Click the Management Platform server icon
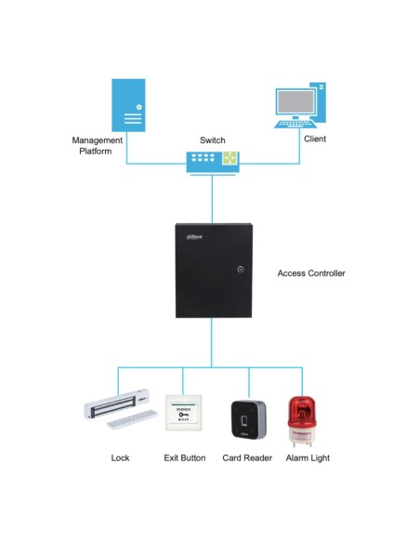coord(128,104)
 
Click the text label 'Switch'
coord(212,139)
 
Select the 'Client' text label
coord(315,139)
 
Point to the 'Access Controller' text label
coord(311,273)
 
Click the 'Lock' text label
coord(120,457)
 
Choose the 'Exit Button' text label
coord(184,457)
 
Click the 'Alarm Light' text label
coord(308,457)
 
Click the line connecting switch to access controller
coord(212,198)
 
